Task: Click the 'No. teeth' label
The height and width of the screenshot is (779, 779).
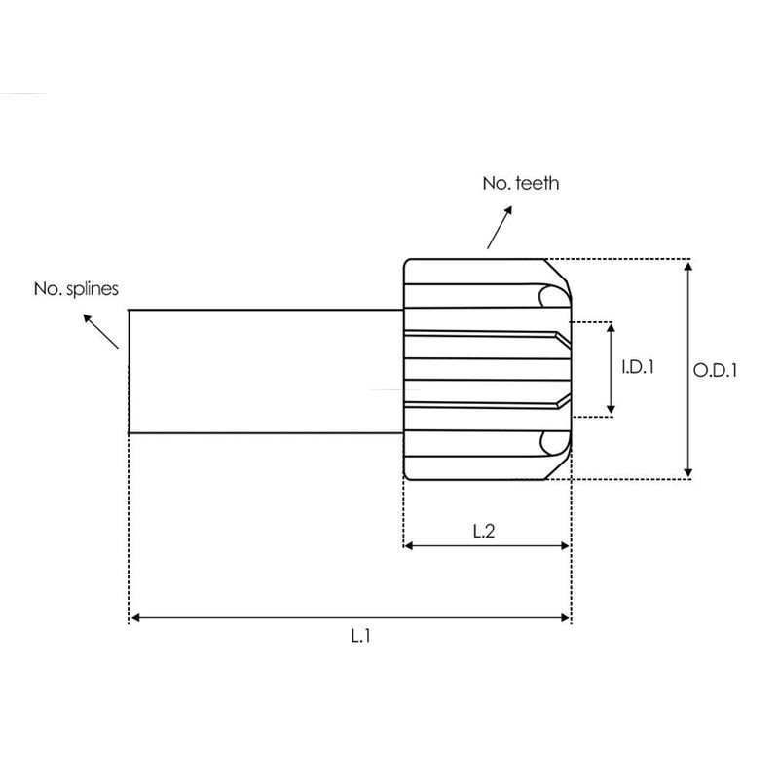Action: coord(520,183)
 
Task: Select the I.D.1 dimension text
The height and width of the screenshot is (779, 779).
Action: coord(637,368)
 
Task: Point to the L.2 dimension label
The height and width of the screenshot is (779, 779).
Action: coord(484,532)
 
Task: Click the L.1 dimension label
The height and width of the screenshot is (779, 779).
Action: coord(360,636)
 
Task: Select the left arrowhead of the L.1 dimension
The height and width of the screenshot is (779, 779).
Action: coord(135,617)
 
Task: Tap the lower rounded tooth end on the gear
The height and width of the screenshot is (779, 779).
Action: coord(553,443)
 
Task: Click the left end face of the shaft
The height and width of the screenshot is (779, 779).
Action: coord(130,371)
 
